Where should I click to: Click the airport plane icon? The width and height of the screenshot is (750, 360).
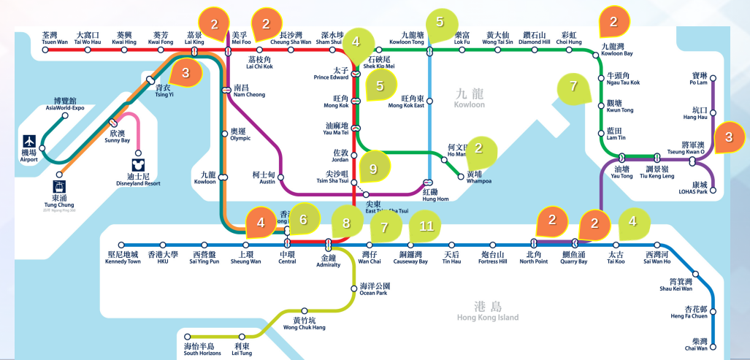[x=28, y=140]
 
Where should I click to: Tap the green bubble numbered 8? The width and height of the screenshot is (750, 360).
[x=347, y=223]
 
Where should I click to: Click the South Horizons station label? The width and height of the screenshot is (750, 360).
[x=199, y=349]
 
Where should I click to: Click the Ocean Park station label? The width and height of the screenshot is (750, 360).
[x=375, y=289]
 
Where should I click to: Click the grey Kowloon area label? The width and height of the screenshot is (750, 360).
[x=469, y=99]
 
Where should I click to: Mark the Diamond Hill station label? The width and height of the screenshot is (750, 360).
[x=536, y=38]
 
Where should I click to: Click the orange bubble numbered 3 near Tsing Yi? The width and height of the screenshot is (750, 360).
[x=185, y=73]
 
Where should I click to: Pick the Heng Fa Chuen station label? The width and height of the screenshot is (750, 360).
[x=689, y=312]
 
